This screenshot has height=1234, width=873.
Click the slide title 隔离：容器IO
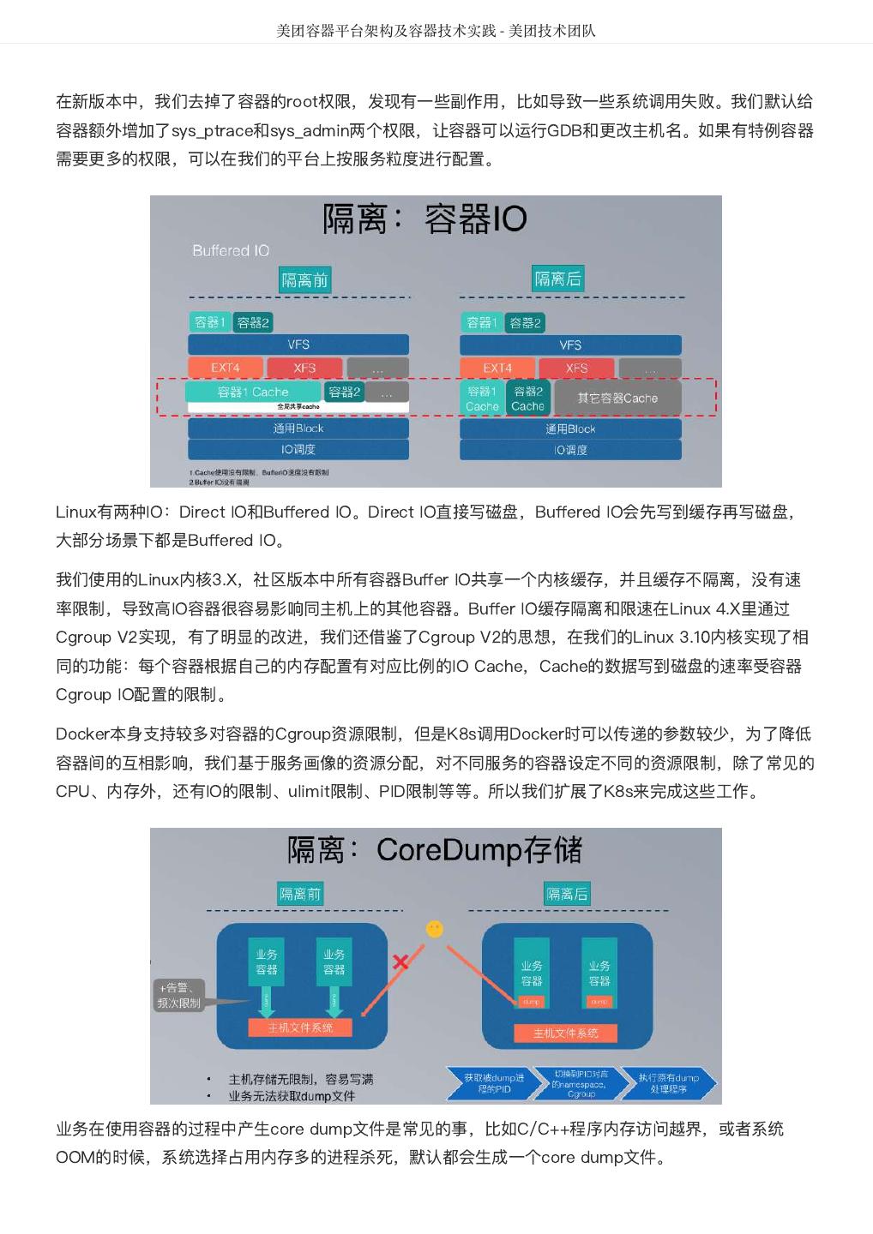click(x=424, y=219)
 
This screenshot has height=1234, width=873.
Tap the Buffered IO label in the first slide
click(x=231, y=250)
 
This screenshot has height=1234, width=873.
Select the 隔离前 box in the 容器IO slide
click(x=304, y=279)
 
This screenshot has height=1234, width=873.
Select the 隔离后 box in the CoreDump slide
click(x=567, y=894)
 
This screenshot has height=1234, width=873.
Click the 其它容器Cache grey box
click(x=617, y=398)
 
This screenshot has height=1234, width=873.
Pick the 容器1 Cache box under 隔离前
click(x=253, y=392)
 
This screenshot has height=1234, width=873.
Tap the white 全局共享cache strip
click(x=298, y=406)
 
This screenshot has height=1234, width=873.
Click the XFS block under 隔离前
click(x=304, y=368)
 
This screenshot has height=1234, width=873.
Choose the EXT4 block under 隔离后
click(x=497, y=368)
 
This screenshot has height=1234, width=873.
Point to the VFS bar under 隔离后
click(x=570, y=344)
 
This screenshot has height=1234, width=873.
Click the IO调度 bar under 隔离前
click(x=298, y=449)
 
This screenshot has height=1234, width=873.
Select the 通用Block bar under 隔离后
click(x=570, y=428)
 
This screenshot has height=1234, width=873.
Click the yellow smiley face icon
click(x=435, y=928)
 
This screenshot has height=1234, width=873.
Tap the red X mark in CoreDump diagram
click(x=400, y=961)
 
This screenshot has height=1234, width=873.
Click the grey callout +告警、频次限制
click(x=179, y=995)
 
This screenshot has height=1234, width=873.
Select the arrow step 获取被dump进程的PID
click(x=491, y=1083)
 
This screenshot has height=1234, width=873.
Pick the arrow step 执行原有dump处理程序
click(x=669, y=1083)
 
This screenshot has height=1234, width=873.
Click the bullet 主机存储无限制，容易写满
click(x=300, y=1079)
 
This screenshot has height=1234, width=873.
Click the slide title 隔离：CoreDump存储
click(x=435, y=850)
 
